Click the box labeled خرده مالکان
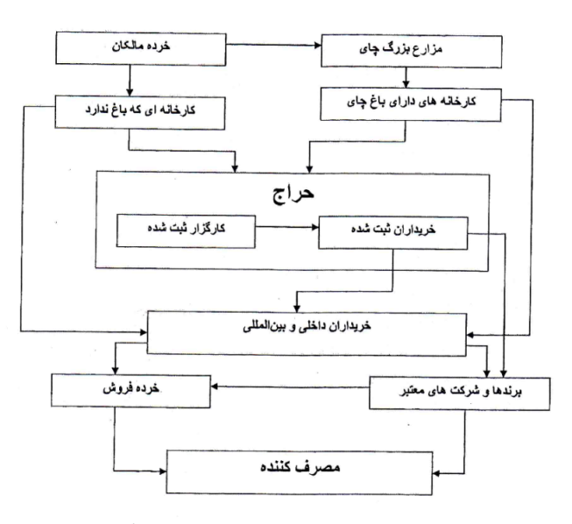(x=141, y=48)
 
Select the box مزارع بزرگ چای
(x=412, y=51)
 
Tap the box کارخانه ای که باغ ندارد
(x=140, y=112)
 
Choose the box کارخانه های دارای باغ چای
(x=411, y=104)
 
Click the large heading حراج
(x=293, y=194)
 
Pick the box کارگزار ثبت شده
(x=186, y=231)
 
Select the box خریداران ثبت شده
(x=393, y=233)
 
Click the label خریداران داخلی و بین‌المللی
(x=307, y=326)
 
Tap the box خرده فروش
(x=131, y=391)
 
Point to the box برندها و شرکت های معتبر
(x=460, y=393)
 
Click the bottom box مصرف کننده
(x=300, y=473)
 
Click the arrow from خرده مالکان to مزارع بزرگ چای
(x=273, y=45)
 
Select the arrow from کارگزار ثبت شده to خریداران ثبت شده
(x=286, y=227)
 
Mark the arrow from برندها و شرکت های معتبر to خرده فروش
(x=290, y=386)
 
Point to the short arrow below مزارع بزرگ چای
(x=406, y=78)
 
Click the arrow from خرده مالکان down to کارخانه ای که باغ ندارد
(x=129, y=81)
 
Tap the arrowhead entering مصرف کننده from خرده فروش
(x=162, y=471)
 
